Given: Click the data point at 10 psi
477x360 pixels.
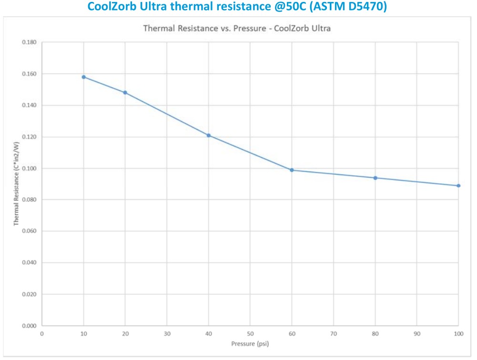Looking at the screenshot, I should (84, 77).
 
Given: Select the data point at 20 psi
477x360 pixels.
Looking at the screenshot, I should (125, 92).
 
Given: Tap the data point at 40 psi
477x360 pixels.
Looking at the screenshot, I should (209, 135).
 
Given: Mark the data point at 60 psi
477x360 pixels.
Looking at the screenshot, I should (292, 170).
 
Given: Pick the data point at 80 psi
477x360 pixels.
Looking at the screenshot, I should (376, 178).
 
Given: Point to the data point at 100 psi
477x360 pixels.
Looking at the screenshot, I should (458, 186).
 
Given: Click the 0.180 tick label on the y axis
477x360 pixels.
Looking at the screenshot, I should (30, 42).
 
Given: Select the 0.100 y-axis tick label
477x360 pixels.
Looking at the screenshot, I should (30, 169).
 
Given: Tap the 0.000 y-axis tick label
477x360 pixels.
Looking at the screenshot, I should (30, 326).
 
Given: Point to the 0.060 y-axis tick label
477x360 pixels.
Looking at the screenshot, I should (30, 231).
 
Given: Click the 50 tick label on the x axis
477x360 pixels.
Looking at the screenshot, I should (250, 334).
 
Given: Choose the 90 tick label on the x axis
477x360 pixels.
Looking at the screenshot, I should (417, 334).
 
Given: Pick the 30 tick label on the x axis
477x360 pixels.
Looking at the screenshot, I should (167, 334).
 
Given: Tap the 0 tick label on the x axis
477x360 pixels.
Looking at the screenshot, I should (42, 334).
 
